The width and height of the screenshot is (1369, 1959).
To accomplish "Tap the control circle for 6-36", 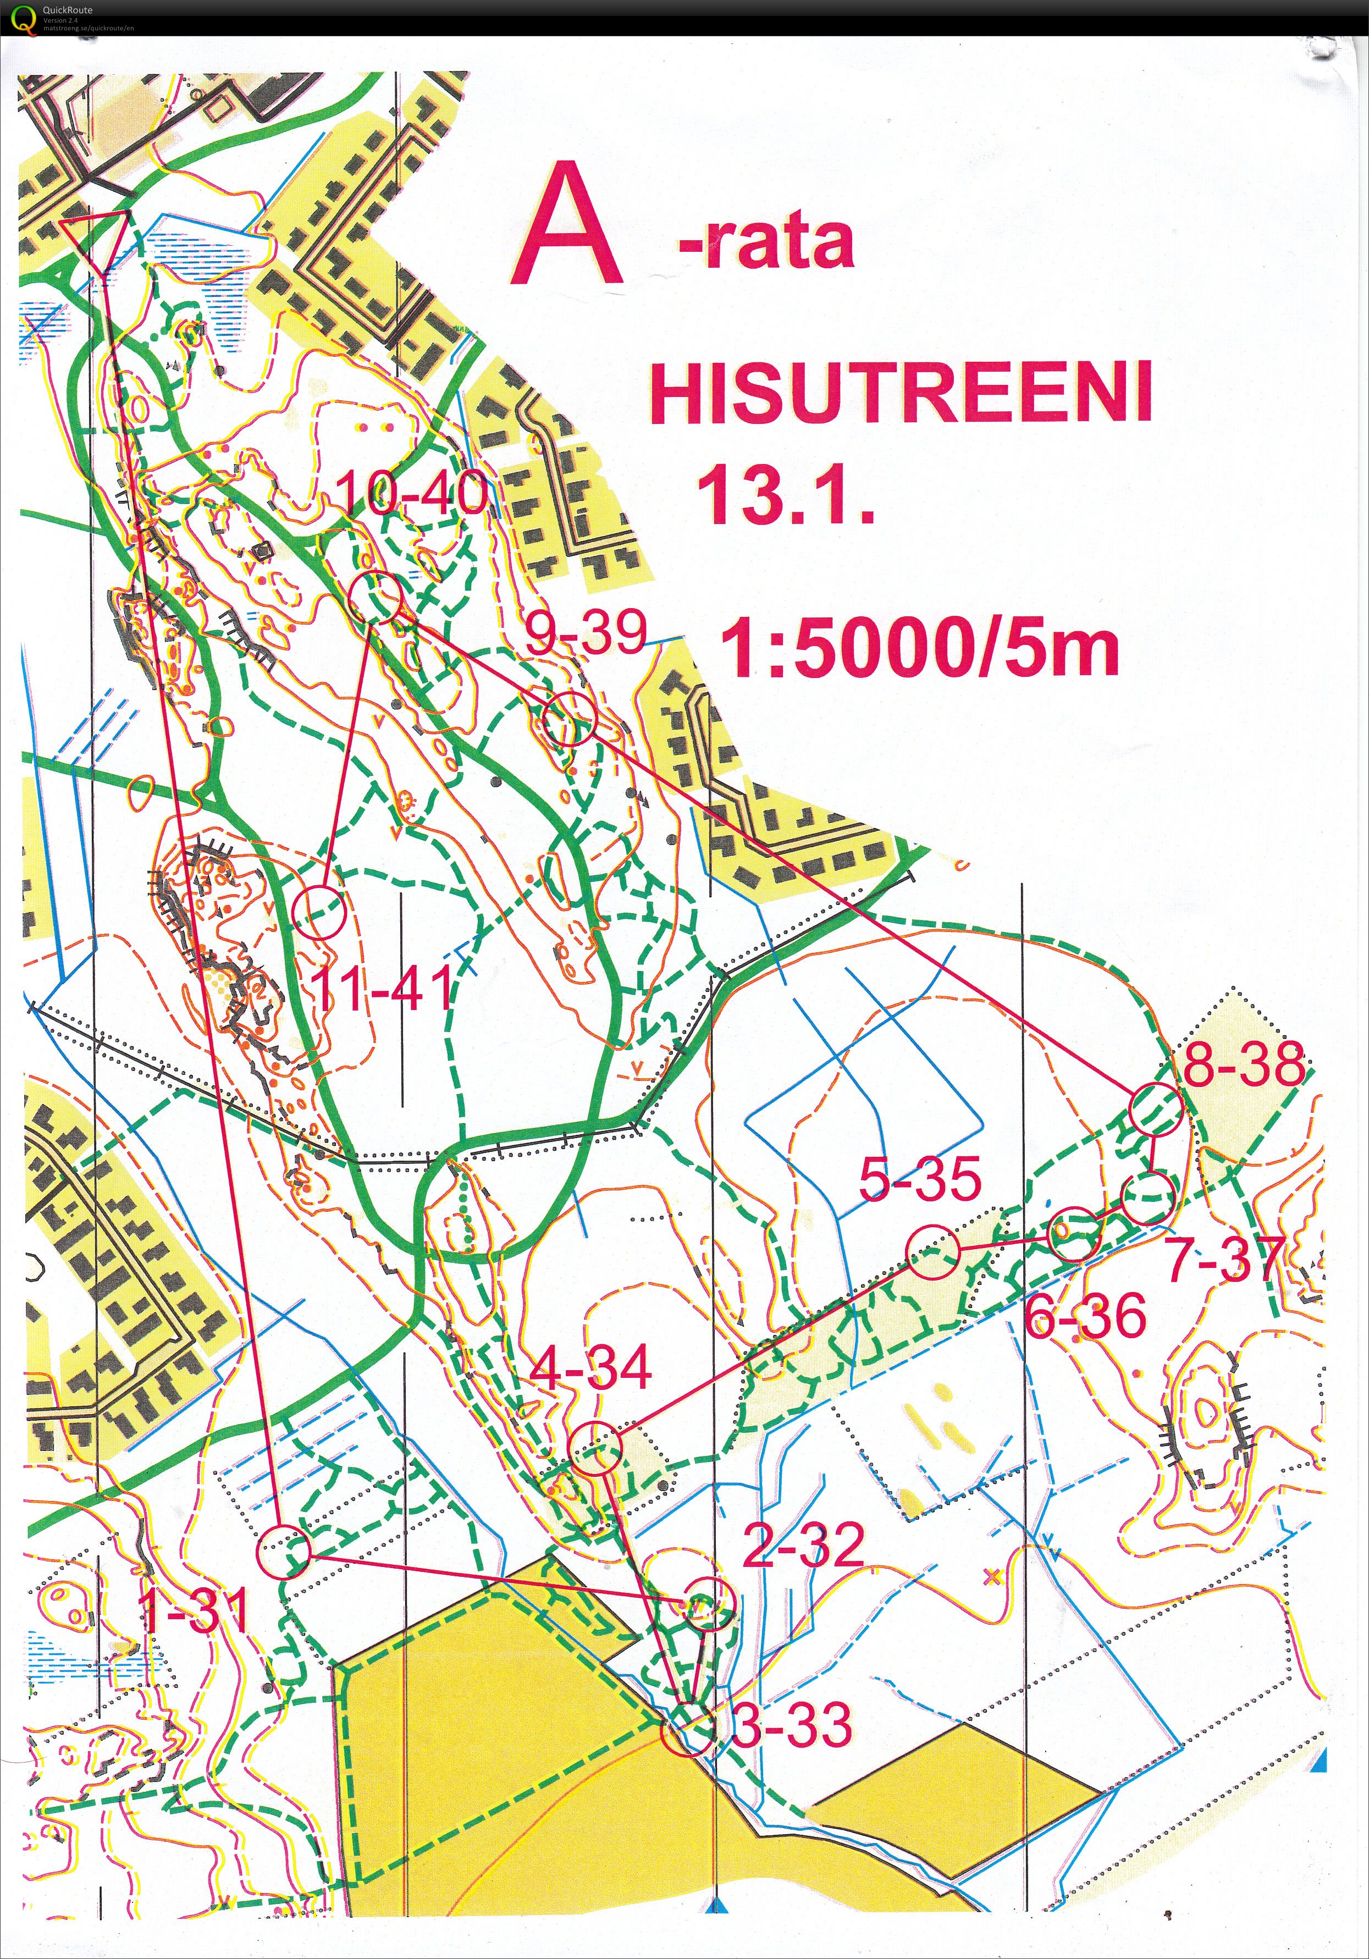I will click(x=1074, y=1234).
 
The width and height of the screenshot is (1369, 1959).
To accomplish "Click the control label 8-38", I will click(x=1244, y=1064).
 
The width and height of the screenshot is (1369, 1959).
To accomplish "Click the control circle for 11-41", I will click(x=318, y=913).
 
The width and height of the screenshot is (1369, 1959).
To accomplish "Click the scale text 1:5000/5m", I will click(x=919, y=648).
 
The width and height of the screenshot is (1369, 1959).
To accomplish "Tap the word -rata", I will click(x=766, y=243).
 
